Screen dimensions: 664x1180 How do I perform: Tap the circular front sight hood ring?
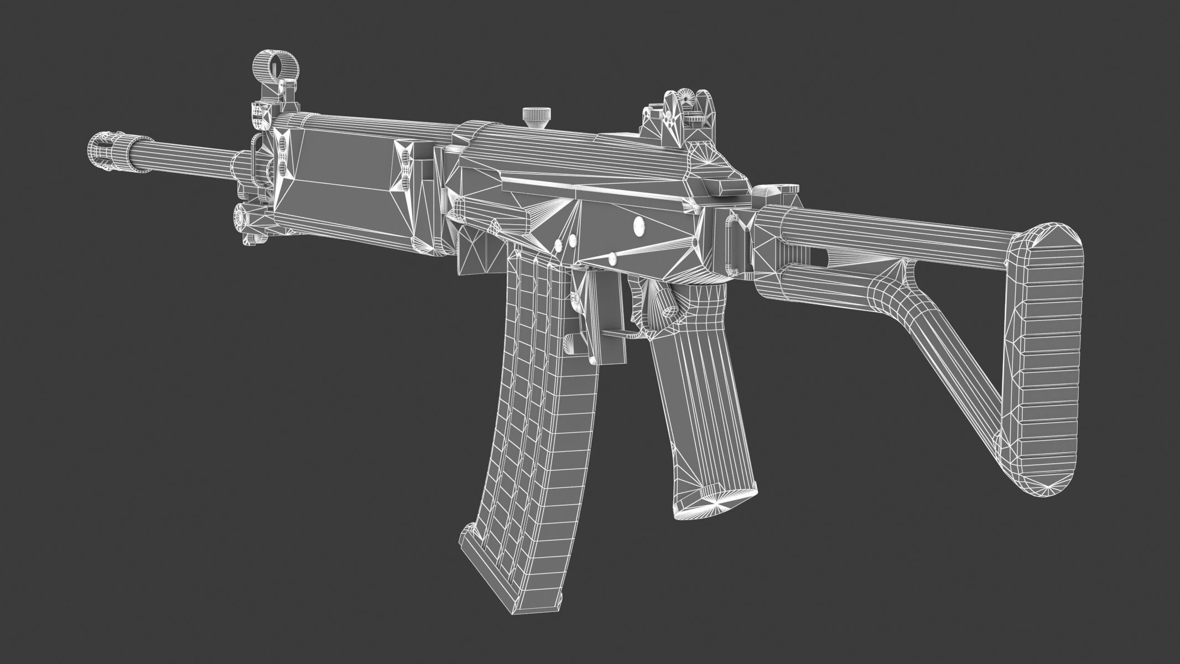(269, 67)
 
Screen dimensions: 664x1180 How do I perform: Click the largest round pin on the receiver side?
(639, 225)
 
